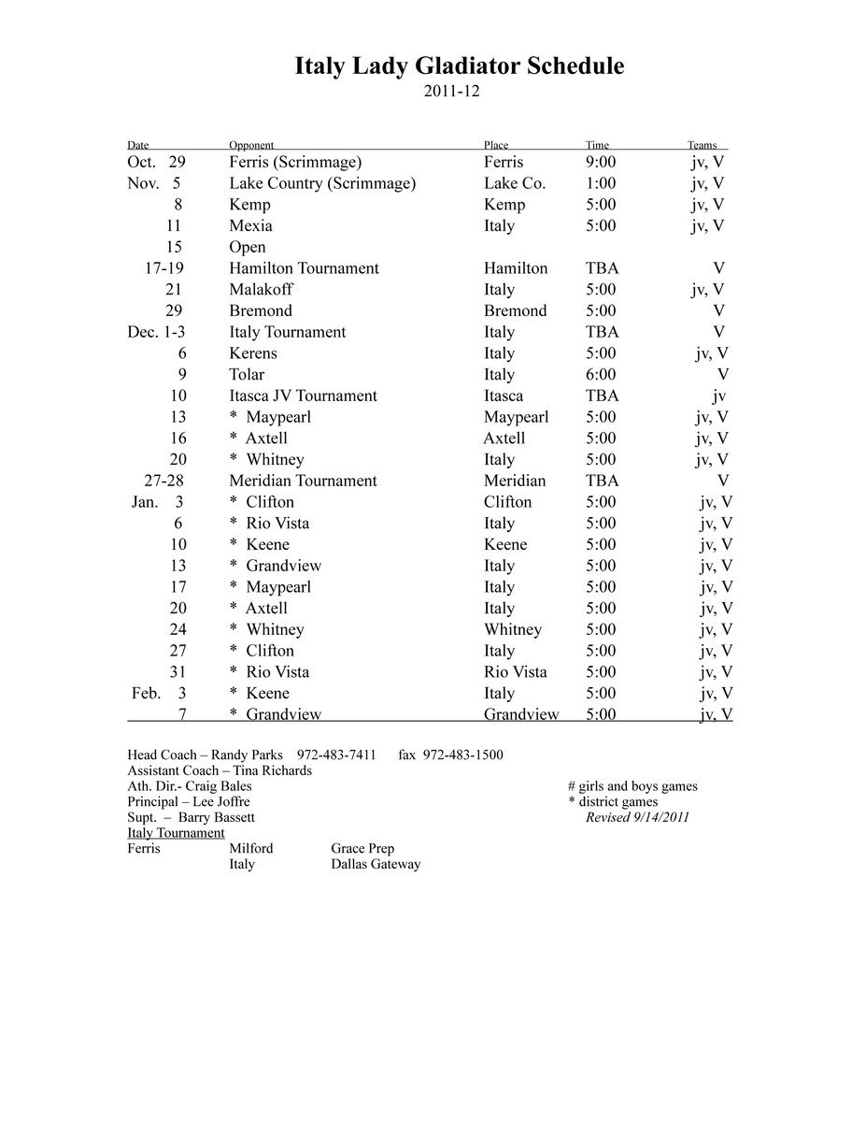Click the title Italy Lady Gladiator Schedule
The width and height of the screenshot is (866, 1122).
459,66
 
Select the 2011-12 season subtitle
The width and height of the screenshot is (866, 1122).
451,92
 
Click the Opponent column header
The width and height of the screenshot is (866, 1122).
251,145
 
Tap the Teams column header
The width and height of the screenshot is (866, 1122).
702,145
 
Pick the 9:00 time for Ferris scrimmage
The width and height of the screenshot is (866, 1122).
601,162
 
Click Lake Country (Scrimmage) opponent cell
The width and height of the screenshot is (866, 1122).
322,183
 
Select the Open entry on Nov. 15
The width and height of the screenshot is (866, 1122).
248,247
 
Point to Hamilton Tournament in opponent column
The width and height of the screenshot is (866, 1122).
304,268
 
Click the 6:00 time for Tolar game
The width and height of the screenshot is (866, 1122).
601,374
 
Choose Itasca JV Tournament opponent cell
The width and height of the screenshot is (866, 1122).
303,396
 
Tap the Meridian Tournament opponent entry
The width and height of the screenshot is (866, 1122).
303,481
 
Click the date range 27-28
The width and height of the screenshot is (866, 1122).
163,481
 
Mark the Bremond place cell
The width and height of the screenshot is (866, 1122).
515,310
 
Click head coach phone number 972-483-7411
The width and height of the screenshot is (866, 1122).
336,755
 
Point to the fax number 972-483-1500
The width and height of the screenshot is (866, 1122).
462,755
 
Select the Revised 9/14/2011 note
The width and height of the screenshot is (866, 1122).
637,817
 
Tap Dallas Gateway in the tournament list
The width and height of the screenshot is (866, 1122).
376,864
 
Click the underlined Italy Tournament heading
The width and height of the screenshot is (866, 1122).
176,833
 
